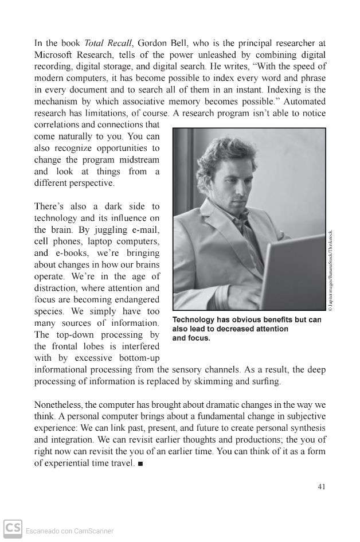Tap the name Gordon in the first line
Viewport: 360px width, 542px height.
point(153,43)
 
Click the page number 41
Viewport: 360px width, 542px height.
point(321,487)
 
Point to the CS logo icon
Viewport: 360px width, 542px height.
point(13,528)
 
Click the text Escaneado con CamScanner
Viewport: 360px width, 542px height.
point(69,531)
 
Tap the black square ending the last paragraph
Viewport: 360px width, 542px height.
point(140,463)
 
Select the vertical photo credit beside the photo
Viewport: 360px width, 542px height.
point(331,270)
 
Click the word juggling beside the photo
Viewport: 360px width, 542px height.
point(101,229)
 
